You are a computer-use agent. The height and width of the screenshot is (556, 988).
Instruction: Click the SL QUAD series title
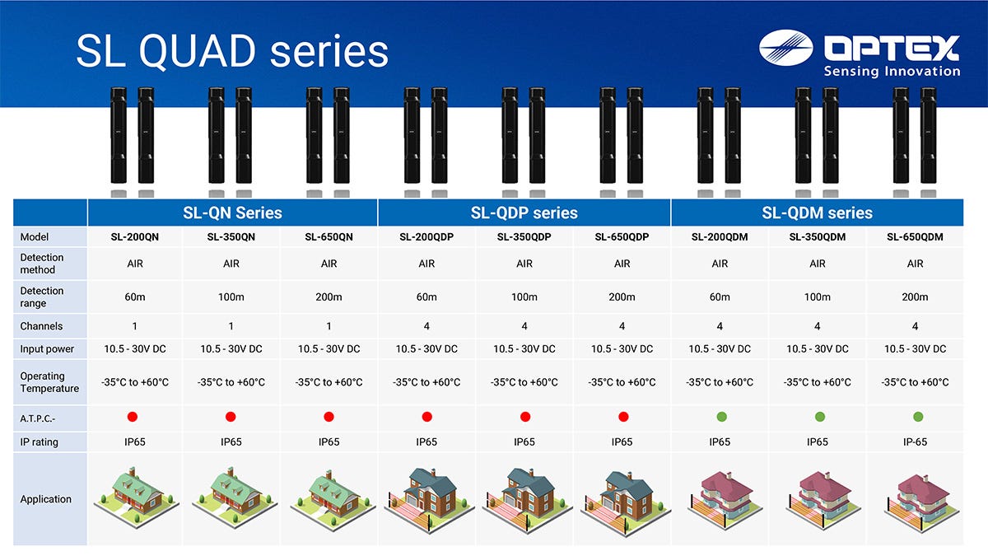pyautogui.click(x=232, y=51)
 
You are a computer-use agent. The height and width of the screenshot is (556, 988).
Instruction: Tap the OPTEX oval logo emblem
pyautogui.click(x=786, y=48)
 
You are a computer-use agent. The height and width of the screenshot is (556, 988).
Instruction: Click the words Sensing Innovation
pyautogui.click(x=892, y=71)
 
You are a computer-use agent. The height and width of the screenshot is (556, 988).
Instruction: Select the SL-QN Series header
pyautogui.click(x=232, y=213)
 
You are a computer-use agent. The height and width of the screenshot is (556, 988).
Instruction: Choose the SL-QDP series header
pyautogui.click(x=524, y=213)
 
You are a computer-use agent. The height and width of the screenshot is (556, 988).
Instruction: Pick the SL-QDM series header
pyautogui.click(x=817, y=213)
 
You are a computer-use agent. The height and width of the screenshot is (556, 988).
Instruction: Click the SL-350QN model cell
pyautogui.click(x=231, y=237)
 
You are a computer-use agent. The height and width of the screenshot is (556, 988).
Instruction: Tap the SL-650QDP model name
pyautogui.click(x=622, y=237)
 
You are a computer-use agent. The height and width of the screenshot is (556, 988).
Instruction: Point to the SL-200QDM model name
pyautogui.click(x=720, y=237)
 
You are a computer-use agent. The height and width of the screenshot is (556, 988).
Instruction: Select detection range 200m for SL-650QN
pyautogui.click(x=329, y=297)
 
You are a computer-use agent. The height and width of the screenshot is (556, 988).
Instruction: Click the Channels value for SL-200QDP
pyautogui.click(x=426, y=326)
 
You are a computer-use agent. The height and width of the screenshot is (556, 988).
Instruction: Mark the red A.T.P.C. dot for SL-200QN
pyautogui.click(x=133, y=417)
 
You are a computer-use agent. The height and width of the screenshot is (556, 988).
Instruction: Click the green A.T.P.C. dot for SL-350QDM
pyautogui.click(x=820, y=417)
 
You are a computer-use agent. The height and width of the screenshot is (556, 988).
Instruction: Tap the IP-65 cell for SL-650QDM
pyautogui.click(x=915, y=442)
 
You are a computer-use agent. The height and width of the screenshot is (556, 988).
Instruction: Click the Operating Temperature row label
pyautogui.click(x=49, y=382)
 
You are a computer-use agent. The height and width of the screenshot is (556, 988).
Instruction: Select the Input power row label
pyautogui.click(x=47, y=349)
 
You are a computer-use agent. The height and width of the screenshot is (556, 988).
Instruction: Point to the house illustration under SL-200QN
pyautogui.click(x=136, y=497)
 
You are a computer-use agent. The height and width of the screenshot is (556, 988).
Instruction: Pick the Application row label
pyautogui.click(x=45, y=499)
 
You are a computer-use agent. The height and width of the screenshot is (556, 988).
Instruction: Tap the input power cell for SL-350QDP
pyautogui.click(x=524, y=349)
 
